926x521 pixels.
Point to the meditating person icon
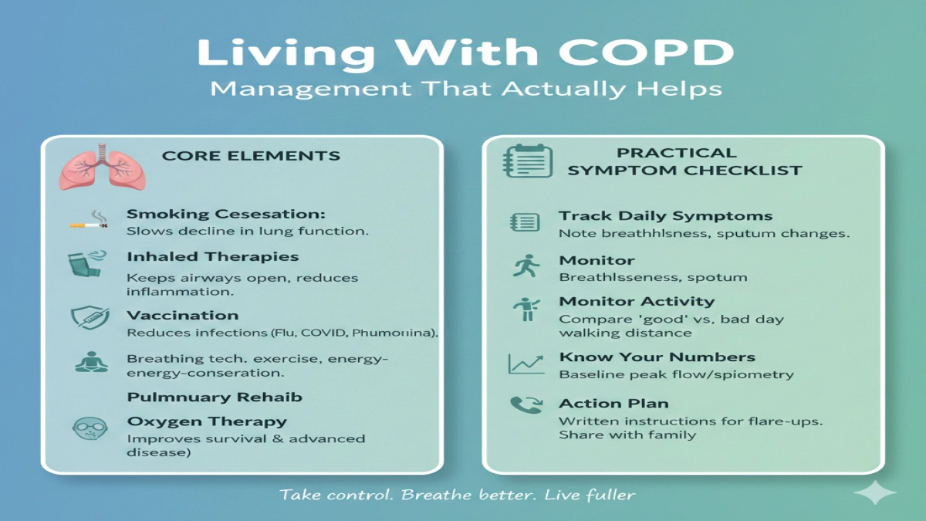pos(86,361)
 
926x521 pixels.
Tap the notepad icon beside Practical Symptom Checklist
pos(527,161)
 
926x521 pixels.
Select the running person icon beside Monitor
pos(526,266)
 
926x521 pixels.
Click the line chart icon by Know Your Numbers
pos(526,364)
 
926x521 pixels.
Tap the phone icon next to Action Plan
pos(526,406)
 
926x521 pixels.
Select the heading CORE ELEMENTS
pos(251,156)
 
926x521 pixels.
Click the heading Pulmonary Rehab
pos(215,398)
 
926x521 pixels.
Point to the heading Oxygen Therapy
pos(207,421)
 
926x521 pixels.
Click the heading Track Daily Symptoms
pos(666,216)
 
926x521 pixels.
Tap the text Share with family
pos(627,435)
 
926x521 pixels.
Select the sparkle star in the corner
pos(875,493)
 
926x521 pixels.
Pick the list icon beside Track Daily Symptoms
pos(526,222)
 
